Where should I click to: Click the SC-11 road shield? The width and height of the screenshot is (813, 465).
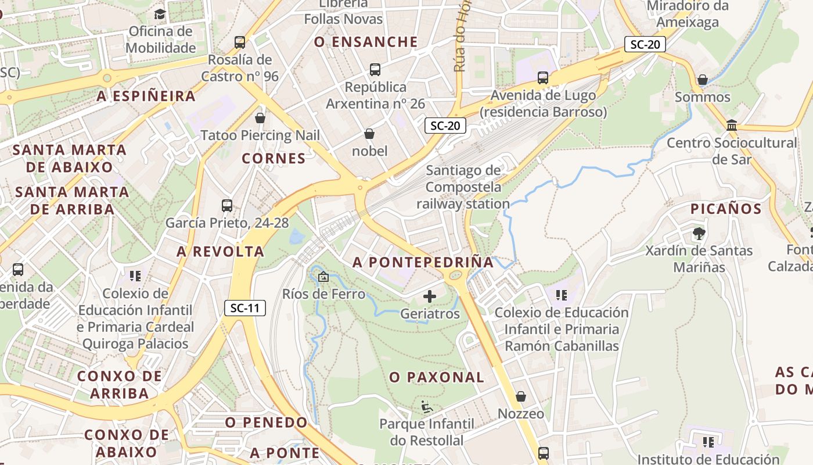[x=245, y=308]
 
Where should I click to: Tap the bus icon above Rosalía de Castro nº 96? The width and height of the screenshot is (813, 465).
[x=240, y=42]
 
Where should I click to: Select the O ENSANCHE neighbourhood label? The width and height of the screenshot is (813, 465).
[x=366, y=42]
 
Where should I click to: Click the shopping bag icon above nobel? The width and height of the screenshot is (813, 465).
[x=369, y=134]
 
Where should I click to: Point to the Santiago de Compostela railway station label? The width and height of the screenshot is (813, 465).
[x=463, y=187]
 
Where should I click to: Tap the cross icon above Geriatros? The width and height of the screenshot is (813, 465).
[x=430, y=297]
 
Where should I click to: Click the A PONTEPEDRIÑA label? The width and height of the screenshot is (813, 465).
[x=423, y=262]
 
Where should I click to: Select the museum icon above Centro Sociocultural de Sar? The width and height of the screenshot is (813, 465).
[x=732, y=126]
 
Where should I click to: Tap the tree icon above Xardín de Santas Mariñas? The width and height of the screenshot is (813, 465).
[x=699, y=234]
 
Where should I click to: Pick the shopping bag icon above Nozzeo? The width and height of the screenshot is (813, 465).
[x=521, y=396]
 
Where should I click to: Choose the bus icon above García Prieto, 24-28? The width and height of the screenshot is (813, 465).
[x=227, y=205]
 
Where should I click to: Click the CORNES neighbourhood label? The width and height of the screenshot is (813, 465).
[x=274, y=158]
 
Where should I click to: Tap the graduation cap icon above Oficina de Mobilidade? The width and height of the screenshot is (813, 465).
[x=160, y=13]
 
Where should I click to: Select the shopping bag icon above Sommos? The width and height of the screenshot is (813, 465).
[x=703, y=79]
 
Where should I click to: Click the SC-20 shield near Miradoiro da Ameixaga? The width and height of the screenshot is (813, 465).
[x=645, y=44]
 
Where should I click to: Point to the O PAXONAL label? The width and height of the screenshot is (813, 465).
[x=437, y=377]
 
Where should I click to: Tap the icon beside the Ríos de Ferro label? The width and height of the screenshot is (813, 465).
[x=323, y=277]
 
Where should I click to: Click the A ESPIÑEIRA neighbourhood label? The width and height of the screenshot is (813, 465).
[x=146, y=96]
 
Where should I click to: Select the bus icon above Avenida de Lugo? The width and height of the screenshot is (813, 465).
[x=543, y=77]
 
